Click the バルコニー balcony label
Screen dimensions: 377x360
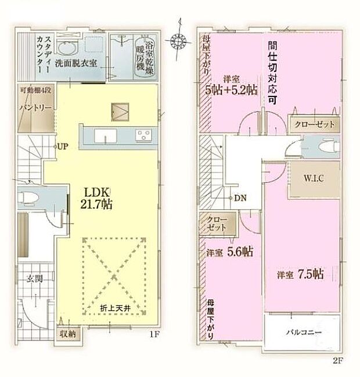point(303,333)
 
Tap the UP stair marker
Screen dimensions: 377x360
point(63,146)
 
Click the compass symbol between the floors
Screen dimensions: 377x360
point(177,40)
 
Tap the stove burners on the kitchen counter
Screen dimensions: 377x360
point(143,135)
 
